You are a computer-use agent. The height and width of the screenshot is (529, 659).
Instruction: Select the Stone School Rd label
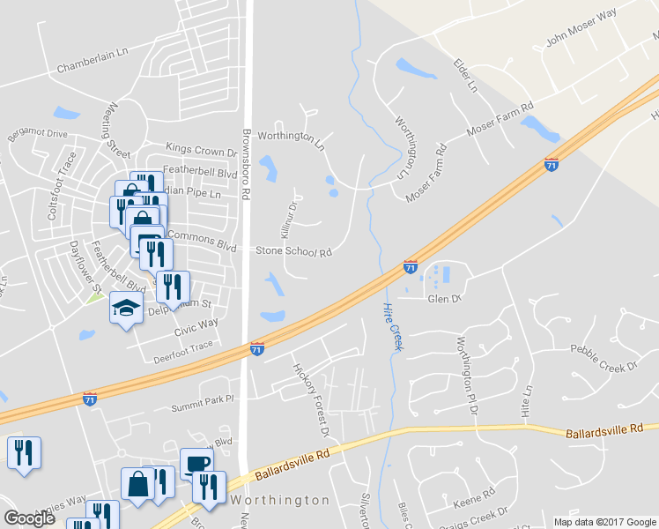[293, 252]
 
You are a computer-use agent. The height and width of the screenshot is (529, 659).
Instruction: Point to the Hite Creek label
[392, 326]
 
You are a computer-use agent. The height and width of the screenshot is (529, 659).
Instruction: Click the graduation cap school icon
[126, 309]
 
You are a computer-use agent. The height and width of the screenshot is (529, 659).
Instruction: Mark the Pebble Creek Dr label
[604, 358]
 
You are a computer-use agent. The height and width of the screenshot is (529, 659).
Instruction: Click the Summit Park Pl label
[203, 399]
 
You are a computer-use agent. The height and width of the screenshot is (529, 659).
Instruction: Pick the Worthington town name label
[280, 500]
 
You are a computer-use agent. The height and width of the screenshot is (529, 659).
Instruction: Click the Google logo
[29, 518]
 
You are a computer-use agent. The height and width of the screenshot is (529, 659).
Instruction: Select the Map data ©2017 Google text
[603, 522]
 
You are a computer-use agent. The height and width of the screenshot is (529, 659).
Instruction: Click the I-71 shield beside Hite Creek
[411, 265]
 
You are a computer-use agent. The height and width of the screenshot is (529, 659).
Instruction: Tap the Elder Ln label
[464, 76]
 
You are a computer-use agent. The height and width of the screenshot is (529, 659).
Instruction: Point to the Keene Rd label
[467, 499]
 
